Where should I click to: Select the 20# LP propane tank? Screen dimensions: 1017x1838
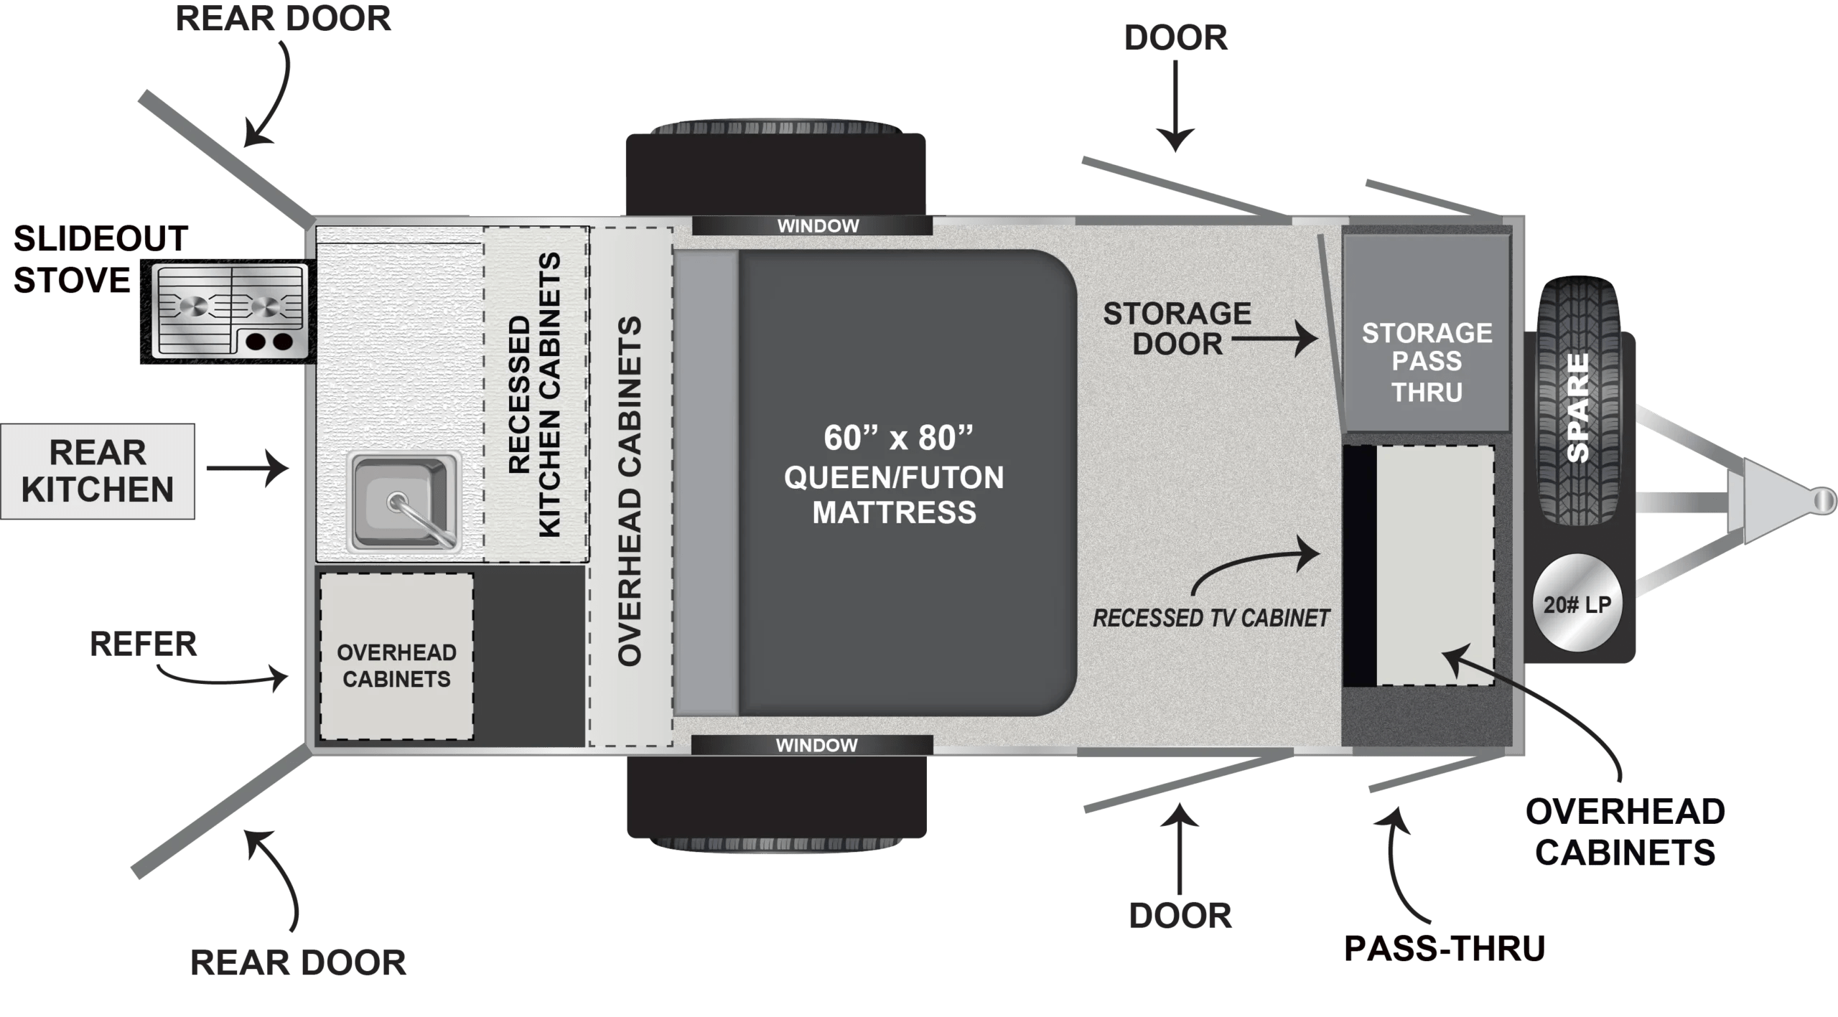1577,604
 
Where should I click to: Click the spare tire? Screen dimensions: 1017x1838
1577,402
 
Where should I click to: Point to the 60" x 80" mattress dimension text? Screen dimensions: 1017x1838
897,438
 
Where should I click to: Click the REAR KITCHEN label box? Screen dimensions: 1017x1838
98,472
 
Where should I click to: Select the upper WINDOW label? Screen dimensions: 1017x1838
818,226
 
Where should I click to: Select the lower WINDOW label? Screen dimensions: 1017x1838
816,745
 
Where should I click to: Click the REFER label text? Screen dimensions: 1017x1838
143,644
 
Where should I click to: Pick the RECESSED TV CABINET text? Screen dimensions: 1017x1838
1210,618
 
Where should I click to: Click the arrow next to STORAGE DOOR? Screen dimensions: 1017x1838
1275,339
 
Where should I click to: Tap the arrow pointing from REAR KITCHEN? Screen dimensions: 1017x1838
248,469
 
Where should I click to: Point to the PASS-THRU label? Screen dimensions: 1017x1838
1444,949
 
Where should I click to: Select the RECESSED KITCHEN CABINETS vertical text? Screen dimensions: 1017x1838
535,394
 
